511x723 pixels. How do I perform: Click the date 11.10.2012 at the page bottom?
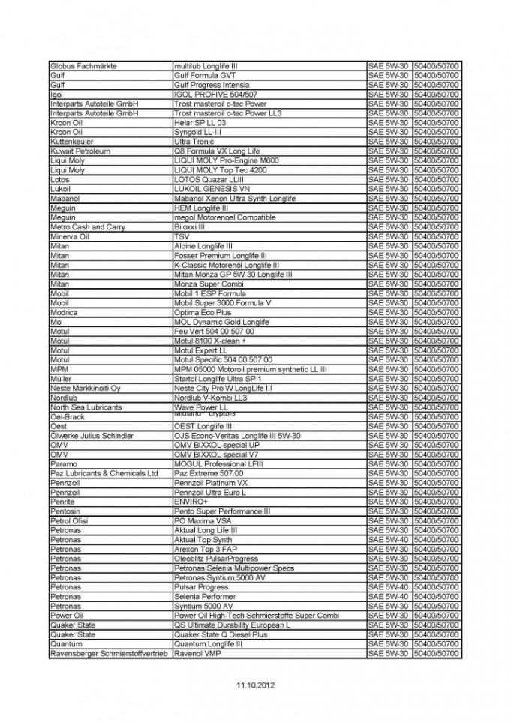(256, 685)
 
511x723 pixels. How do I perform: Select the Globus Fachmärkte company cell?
(83, 66)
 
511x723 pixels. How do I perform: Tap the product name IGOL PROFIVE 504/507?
(215, 94)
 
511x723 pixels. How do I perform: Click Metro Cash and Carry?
(87, 227)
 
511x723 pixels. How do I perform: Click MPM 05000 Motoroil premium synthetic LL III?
(251, 369)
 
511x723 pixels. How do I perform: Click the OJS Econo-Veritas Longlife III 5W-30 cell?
(237, 436)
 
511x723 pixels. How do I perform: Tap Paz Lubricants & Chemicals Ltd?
(104, 473)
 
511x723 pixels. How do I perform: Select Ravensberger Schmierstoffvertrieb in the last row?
(110, 653)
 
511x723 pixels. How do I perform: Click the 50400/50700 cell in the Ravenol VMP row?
(437, 653)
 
